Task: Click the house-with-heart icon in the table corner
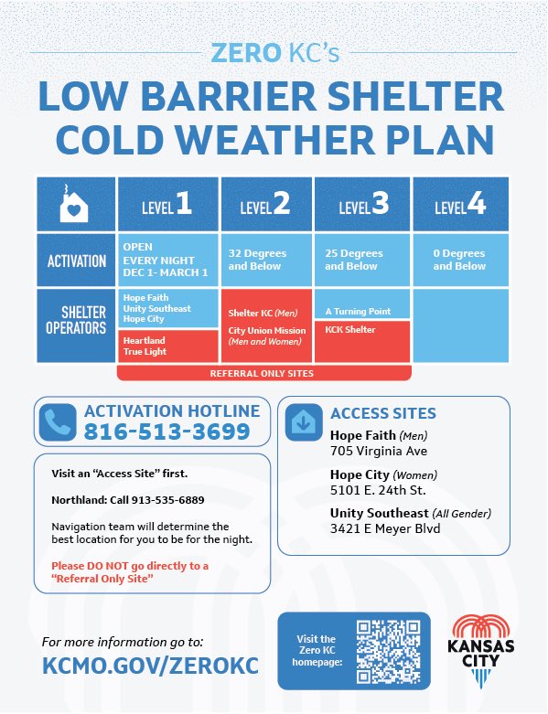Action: click(x=74, y=206)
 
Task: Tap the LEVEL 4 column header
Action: click(x=460, y=205)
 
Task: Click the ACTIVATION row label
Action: click(x=77, y=261)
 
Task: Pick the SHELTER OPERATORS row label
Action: click(x=77, y=321)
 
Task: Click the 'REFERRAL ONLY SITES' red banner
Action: click(x=263, y=373)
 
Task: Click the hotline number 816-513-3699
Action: click(x=167, y=432)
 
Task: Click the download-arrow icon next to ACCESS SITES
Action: click(x=303, y=421)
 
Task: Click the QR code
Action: click(x=386, y=649)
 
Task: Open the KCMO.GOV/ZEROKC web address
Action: click(x=150, y=666)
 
